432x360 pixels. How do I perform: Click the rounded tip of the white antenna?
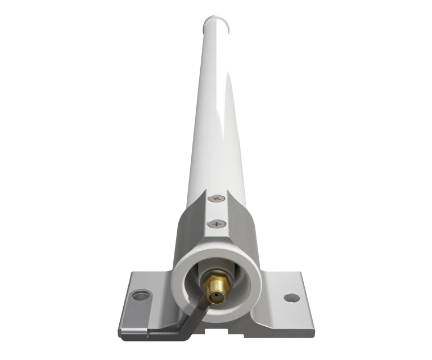coord(217,21)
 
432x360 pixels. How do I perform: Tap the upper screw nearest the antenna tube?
coord(215,198)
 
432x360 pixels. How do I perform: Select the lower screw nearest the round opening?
coord(215,224)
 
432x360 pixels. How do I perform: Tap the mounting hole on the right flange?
coord(290,296)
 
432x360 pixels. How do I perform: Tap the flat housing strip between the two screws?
coord(215,211)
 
